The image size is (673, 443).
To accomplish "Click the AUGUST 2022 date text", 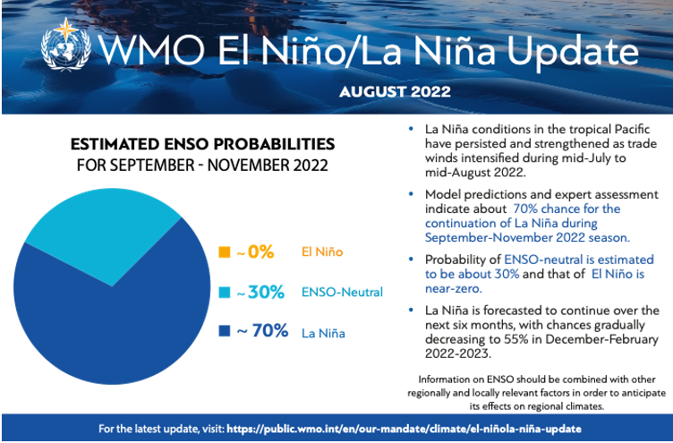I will [395, 91].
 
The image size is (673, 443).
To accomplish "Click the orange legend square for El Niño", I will [225, 252].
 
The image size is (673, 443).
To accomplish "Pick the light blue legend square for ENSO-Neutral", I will [225, 292].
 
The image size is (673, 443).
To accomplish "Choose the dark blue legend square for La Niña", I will [225, 332].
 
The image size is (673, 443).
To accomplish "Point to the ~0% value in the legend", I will [255, 252].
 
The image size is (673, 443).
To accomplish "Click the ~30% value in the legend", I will [260, 292].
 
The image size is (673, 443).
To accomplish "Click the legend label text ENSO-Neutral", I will [341, 292].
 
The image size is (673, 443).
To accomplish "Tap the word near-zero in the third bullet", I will [455, 288].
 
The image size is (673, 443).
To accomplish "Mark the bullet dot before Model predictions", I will [410, 194].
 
